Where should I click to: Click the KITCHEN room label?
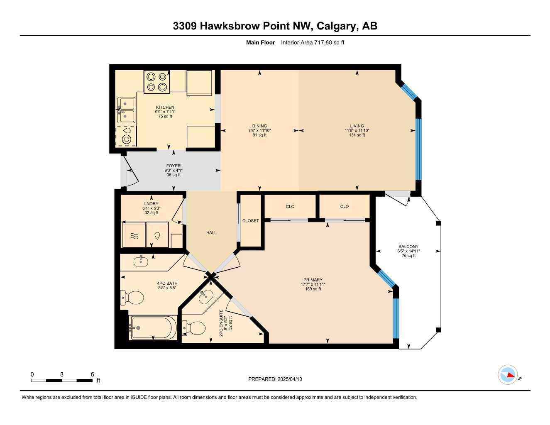165,107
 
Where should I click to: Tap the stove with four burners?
156,82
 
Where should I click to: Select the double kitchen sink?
127,110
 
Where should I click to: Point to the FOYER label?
174,166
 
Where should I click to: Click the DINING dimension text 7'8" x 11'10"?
259,130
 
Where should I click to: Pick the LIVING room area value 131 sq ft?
357,135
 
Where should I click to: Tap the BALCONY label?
408,247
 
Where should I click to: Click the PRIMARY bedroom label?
313,280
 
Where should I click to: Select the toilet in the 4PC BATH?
133,297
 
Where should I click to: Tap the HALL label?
211,233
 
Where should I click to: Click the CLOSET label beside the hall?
250,221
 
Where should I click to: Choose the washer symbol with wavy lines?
134,236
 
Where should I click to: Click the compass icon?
508,375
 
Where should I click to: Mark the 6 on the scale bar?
92,374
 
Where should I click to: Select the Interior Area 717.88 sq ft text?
313,42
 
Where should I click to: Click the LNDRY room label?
151,204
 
